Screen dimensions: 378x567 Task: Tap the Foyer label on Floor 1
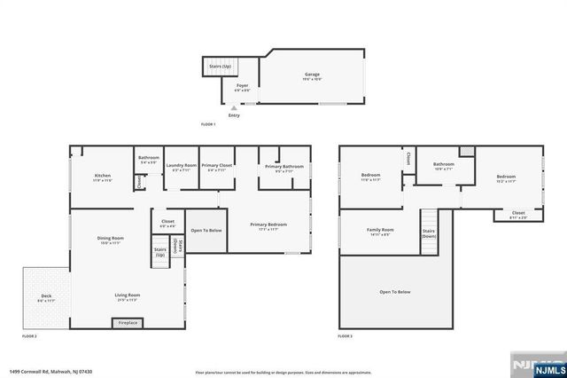tap(242, 87)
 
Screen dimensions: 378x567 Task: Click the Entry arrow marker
tap(234, 108)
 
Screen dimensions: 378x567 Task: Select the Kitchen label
tap(103, 177)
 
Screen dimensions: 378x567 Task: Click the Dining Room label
tap(111, 240)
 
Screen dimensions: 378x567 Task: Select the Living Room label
tap(128, 296)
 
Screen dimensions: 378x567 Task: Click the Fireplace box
tap(128, 324)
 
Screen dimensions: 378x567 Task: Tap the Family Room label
tap(380, 232)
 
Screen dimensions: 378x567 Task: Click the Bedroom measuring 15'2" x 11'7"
tap(506, 177)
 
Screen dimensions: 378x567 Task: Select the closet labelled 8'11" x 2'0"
tap(518, 214)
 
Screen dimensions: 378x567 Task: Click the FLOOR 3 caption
tap(345, 337)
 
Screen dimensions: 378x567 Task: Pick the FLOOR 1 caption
tap(209, 123)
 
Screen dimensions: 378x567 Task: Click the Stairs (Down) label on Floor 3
tap(429, 232)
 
